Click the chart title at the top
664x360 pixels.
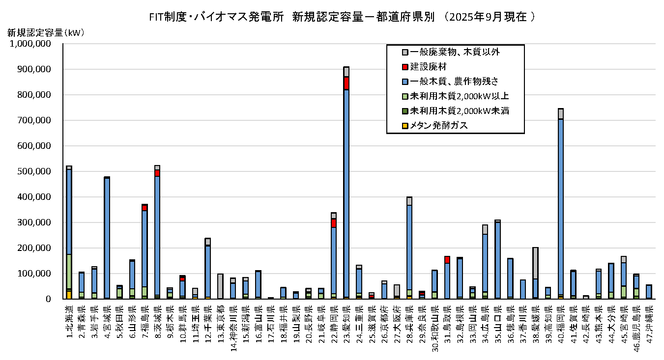342,17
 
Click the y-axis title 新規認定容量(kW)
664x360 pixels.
46,33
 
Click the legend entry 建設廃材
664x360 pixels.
428,66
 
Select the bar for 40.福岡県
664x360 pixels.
560,221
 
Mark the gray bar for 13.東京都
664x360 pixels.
220,286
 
